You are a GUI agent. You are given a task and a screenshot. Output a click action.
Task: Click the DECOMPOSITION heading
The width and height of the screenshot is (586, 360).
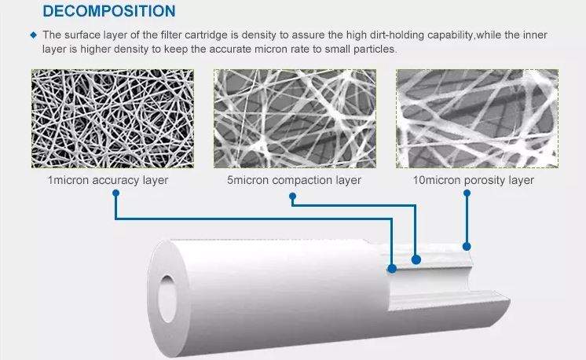point(109,11)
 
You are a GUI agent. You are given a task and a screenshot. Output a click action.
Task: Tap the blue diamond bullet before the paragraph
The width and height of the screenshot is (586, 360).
point(34,35)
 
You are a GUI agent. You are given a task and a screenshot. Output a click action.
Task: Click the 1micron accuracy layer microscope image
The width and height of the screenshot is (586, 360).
point(113,119)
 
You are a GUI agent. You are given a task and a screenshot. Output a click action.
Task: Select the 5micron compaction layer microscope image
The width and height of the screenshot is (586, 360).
point(295,119)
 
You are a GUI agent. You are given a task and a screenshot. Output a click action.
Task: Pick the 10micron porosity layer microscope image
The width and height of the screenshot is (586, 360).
point(478,119)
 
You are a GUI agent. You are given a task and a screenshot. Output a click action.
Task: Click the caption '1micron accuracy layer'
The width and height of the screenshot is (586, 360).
point(108,180)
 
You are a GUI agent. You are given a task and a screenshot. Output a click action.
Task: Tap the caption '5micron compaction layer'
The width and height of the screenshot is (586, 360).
point(294,180)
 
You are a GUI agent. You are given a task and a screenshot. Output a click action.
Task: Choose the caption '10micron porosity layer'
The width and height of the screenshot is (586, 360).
point(473,180)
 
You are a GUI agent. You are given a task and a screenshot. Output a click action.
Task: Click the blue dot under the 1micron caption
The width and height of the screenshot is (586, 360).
point(115,193)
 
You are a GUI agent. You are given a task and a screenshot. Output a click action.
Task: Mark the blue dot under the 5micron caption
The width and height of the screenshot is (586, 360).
point(293,197)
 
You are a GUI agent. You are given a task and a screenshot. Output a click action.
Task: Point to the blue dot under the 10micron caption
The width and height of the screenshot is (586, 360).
point(467,193)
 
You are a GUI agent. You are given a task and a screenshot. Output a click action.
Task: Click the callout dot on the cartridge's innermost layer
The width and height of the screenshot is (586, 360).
point(392,268)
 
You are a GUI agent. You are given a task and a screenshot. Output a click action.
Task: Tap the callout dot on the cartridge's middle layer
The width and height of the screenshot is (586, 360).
point(416,259)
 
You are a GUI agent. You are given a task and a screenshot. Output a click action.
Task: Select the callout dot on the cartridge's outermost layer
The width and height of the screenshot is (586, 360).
point(467,246)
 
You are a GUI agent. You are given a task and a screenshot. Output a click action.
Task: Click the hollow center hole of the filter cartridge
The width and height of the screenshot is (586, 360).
point(167,299)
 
